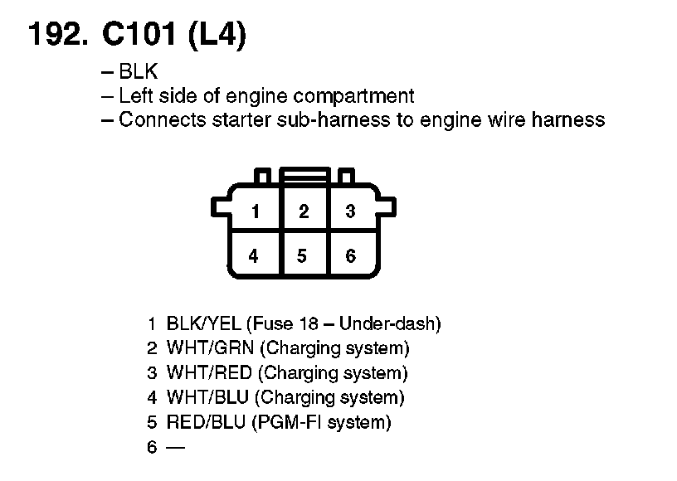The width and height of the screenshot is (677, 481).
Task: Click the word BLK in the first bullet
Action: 139,72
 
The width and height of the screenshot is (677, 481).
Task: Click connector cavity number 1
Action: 256,211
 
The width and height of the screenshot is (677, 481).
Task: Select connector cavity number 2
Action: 304,211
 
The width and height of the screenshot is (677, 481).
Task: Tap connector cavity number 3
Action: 350,211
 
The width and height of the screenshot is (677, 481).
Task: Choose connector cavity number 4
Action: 254,256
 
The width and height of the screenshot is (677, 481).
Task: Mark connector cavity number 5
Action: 303,256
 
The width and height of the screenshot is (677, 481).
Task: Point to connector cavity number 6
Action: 350,256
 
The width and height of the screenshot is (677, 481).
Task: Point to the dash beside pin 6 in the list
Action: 176,448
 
